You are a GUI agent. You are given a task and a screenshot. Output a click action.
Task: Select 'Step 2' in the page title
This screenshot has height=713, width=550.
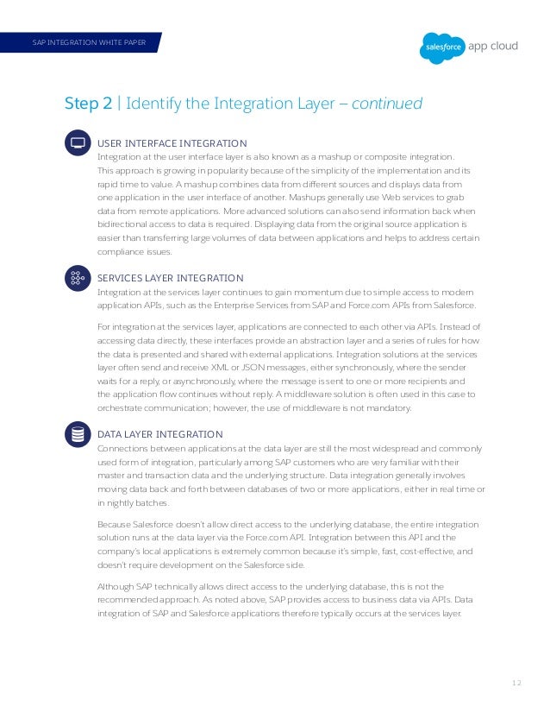click(88, 104)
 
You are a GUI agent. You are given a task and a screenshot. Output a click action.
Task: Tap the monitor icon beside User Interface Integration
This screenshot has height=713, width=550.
click(77, 142)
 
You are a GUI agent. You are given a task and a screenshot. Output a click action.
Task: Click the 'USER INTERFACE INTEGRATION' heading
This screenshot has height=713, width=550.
click(172, 142)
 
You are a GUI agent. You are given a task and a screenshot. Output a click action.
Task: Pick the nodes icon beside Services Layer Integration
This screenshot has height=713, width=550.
click(77, 278)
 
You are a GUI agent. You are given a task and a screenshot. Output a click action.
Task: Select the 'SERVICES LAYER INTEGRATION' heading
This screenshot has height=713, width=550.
click(170, 278)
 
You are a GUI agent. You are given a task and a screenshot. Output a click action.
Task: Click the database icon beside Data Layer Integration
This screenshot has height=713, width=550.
click(77, 434)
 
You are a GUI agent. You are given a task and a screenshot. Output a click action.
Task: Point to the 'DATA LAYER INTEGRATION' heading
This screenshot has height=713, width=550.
click(159, 433)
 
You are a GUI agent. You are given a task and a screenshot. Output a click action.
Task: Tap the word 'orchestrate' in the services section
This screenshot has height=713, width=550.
click(120, 409)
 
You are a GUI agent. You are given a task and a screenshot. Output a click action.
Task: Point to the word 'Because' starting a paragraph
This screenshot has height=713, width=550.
click(115, 524)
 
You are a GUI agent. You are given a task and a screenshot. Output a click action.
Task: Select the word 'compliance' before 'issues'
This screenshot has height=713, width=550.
click(120, 252)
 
